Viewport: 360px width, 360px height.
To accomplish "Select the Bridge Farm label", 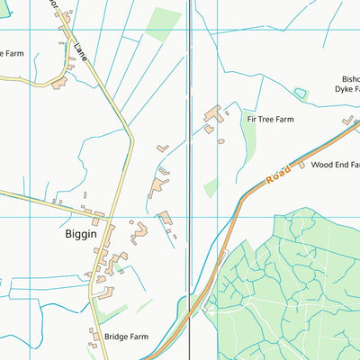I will pyautogui.click(x=126, y=337).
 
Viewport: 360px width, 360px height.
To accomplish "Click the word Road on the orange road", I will pyautogui.click(x=278, y=175).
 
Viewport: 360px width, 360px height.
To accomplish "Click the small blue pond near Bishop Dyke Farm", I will pyautogui.click(x=301, y=93).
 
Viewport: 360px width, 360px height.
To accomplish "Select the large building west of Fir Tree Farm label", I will pyautogui.click(x=213, y=115).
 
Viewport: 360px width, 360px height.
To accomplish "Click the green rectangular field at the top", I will pyautogui.click(x=163, y=23).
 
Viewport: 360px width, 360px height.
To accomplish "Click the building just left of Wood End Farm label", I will pyautogui.click(x=301, y=165).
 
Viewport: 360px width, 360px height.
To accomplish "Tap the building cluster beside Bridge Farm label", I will pyautogui.click(x=94, y=337).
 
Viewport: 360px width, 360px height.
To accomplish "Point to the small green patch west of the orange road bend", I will pyautogui.click(x=211, y=187).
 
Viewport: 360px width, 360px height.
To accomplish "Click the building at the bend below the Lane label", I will pyautogui.click(x=59, y=82).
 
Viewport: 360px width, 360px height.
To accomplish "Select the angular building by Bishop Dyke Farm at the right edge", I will pyautogui.click(x=348, y=120).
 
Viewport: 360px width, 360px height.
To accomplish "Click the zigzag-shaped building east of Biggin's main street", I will pyautogui.click(x=139, y=232).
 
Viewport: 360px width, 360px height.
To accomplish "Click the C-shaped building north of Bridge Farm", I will pyautogui.click(x=103, y=291).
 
